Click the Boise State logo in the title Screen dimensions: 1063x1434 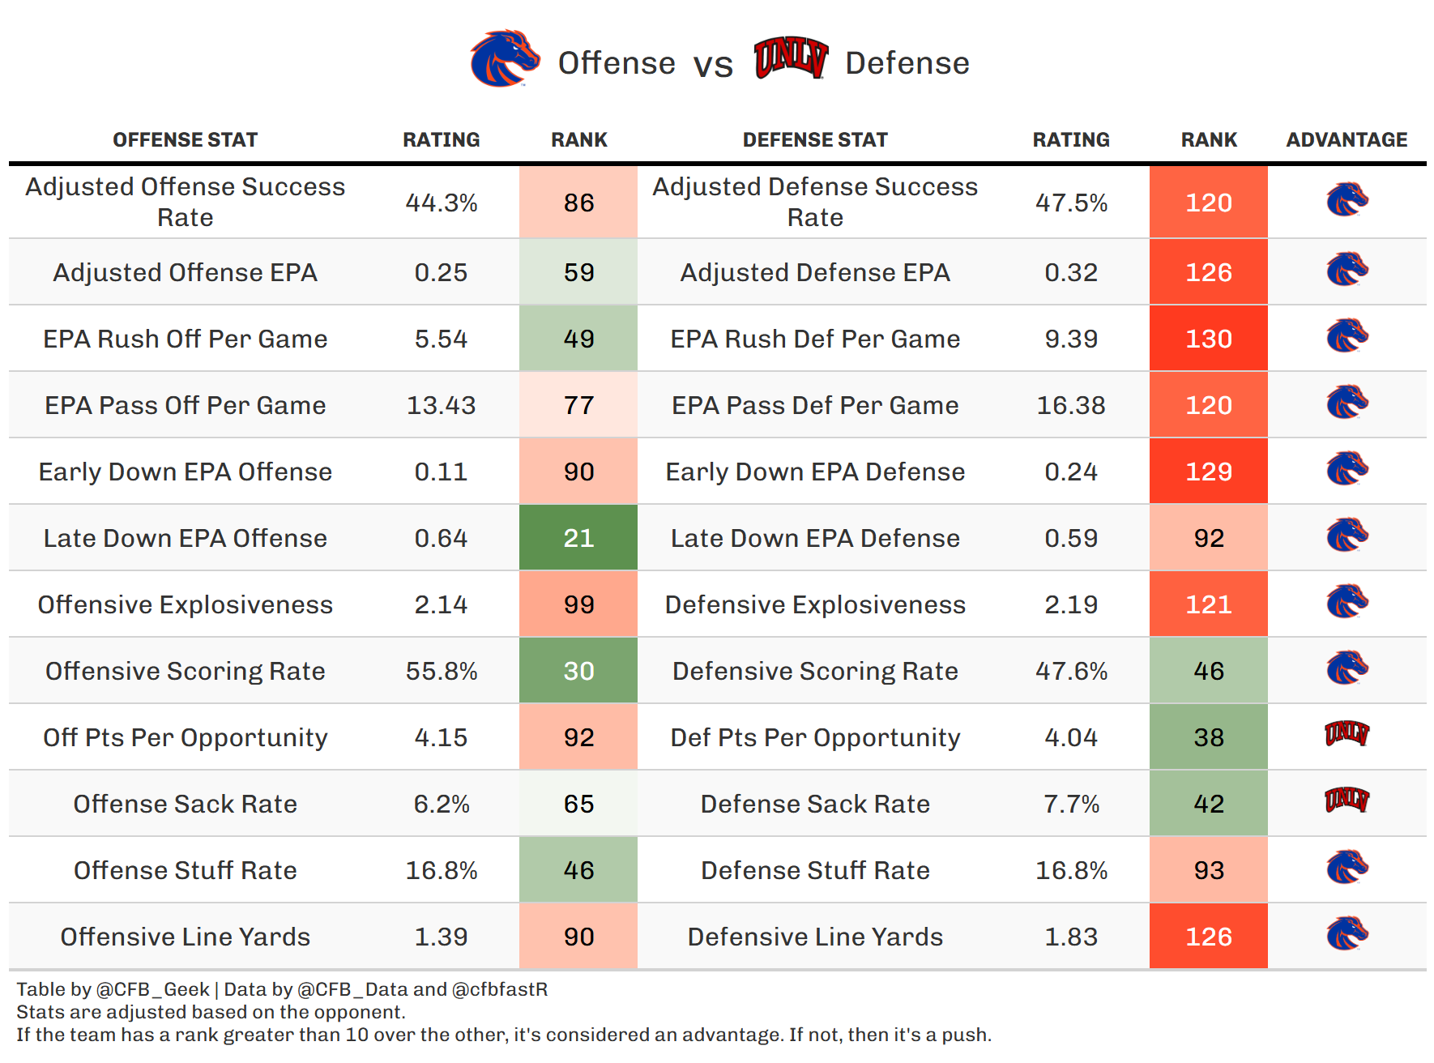[505, 58]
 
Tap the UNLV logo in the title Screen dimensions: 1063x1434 [791, 58]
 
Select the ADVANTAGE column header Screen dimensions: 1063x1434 [1347, 140]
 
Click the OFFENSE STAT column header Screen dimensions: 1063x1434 [185, 140]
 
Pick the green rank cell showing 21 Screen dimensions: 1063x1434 [578, 538]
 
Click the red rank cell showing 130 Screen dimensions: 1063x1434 [1208, 339]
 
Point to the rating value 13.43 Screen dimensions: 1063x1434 [441, 405]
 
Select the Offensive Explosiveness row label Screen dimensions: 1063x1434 [185, 604]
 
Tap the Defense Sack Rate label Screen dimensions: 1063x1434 [815, 804]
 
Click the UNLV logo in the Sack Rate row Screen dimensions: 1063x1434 [1347, 800]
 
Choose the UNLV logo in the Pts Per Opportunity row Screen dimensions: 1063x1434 [1347, 734]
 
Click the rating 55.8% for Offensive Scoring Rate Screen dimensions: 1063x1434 [441, 671]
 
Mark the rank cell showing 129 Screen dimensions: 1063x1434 [1208, 472]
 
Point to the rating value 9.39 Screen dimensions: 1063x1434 [1071, 339]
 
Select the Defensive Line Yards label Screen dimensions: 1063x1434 [815, 937]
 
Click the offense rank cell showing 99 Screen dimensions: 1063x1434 [578, 604]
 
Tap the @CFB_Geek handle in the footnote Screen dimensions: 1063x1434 [152, 989]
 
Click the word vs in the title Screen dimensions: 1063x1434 [713, 65]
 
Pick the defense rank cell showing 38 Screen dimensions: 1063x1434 [1208, 737]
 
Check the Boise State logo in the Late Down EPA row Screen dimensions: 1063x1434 [1347, 535]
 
